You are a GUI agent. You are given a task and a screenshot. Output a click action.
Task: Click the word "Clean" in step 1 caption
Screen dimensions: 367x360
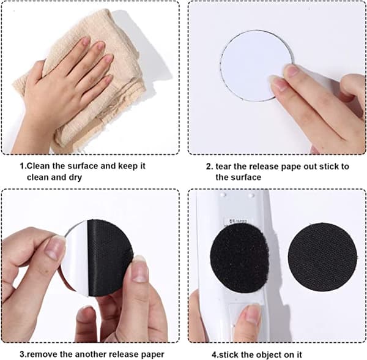tap(39, 166)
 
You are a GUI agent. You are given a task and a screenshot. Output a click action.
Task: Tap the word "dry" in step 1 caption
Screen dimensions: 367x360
tap(75, 178)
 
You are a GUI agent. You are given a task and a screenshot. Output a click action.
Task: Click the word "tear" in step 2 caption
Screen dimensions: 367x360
tap(223, 167)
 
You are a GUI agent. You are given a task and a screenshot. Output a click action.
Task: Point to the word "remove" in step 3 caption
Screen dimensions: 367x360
tap(42, 354)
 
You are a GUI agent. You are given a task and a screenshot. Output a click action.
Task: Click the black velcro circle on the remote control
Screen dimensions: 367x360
tap(239, 258)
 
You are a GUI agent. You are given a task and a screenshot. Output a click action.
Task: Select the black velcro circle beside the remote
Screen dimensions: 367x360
tap(322, 257)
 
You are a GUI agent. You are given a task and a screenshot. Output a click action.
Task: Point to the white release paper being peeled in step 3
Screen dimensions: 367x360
tap(77, 258)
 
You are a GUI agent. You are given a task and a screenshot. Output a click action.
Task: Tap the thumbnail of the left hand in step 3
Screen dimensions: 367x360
tap(54, 248)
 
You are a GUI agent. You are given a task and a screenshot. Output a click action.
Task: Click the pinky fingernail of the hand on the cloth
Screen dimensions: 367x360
tap(108, 79)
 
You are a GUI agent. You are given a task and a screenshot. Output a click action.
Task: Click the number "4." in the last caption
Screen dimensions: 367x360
tap(215, 354)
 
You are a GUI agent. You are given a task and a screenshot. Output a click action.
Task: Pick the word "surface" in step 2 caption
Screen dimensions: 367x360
tap(246, 178)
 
